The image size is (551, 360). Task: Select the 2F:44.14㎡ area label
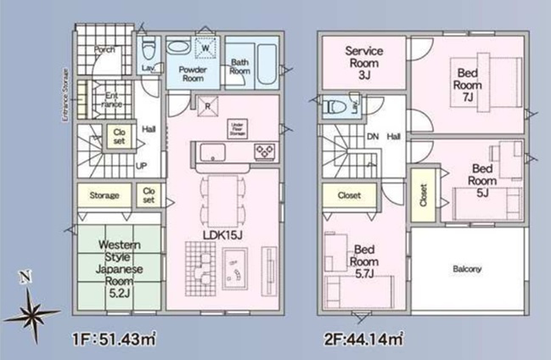point(363,340)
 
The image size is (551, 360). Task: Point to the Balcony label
point(466,270)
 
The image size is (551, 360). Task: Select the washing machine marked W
point(205,48)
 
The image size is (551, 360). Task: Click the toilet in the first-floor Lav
point(148,46)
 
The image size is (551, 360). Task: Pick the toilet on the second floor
point(335,107)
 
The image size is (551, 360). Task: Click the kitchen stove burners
point(264,151)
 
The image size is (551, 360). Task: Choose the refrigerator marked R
point(206,106)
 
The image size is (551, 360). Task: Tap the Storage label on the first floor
point(104,195)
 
